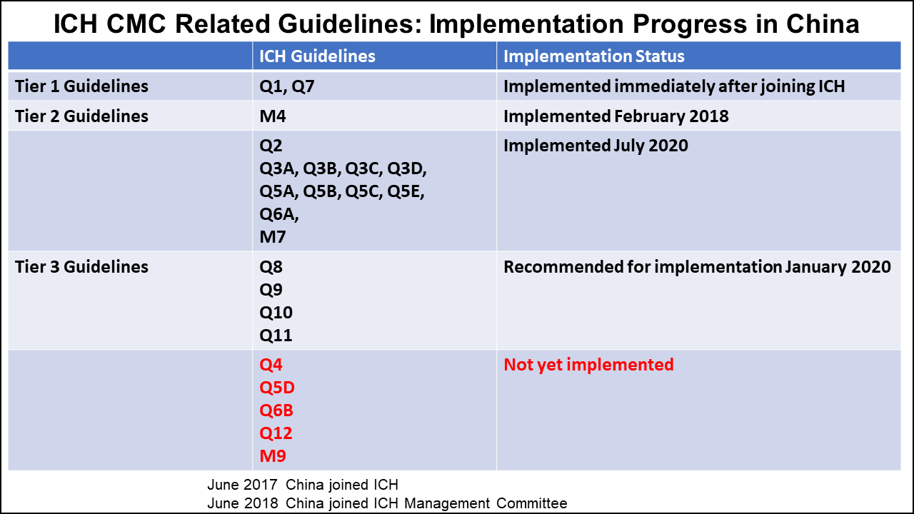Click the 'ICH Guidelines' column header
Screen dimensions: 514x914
click(317, 56)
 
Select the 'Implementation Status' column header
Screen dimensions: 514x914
click(594, 56)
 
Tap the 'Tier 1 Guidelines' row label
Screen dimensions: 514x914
click(81, 86)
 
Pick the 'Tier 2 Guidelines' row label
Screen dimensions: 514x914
click(81, 116)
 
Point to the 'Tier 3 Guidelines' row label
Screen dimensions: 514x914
click(81, 267)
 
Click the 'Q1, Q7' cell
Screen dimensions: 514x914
click(287, 86)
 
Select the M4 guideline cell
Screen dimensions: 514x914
click(273, 116)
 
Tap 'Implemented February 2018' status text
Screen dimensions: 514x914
click(616, 116)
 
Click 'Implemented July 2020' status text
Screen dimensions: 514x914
click(596, 146)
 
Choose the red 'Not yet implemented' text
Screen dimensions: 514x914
click(588, 365)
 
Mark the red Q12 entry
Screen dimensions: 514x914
click(276, 433)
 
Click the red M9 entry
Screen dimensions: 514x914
click(273, 456)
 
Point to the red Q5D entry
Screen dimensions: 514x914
click(277, 388)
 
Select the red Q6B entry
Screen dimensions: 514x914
click(276, 410)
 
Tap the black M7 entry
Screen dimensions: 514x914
click(273, 237)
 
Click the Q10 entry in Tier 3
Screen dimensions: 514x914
click(276, 313)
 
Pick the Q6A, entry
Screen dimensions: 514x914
click(279, 214)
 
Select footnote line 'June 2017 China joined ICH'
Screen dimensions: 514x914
click(308, 485)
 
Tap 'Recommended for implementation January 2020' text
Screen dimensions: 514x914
click(697, 267)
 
